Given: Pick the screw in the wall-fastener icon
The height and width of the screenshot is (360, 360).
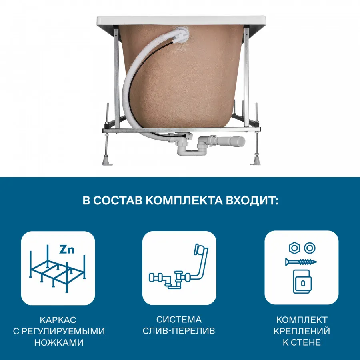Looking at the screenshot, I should tap(301, 262).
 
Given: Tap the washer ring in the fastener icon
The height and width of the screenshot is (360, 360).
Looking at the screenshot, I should tap(309, 248).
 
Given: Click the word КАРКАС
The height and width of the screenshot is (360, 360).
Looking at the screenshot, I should tap(58, 320).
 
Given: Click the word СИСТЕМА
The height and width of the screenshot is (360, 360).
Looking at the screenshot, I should tap(179, 320).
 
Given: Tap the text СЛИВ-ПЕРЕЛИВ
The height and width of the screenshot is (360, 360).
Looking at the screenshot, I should tap(179, 331).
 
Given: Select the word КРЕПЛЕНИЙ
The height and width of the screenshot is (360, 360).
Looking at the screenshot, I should tap(302, 331).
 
